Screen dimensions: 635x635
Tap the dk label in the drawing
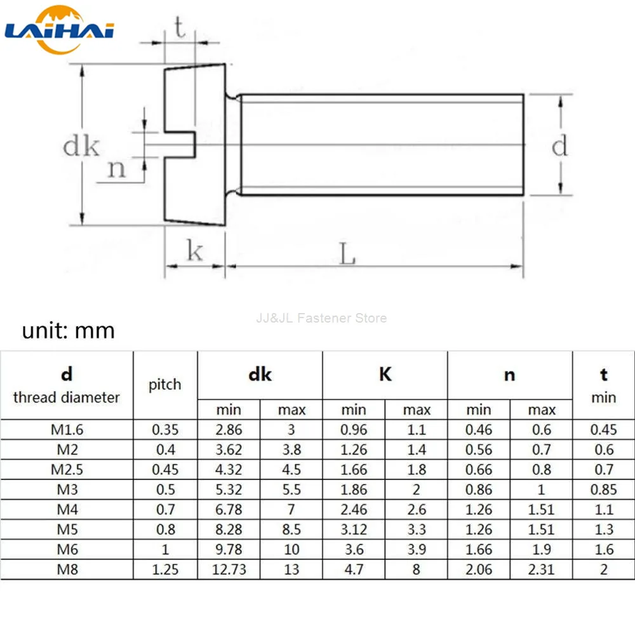81,147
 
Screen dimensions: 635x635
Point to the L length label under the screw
347,255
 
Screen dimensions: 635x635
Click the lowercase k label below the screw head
194,251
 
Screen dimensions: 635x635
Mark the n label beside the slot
117,169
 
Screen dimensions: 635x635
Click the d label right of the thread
559,146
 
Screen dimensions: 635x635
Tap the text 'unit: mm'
69,331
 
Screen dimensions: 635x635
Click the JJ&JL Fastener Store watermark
321,317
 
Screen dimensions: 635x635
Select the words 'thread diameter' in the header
67,398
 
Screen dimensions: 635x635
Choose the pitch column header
165,384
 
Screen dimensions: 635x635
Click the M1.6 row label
67,429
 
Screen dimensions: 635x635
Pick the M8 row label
67,569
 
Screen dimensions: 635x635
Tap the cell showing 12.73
229,569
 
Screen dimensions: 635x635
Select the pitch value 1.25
165,569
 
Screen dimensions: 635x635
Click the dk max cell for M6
291,549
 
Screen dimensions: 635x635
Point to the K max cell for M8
417,569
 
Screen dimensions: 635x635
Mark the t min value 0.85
603,490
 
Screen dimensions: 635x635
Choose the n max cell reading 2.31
542,569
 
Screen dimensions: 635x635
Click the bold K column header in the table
385,375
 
